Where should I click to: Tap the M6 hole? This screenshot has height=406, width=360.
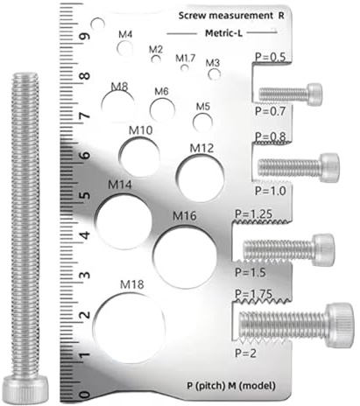tap(162, 109)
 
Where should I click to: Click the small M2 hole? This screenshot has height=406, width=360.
tap(156, 60)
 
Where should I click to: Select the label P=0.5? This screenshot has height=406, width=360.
tap(269, 58)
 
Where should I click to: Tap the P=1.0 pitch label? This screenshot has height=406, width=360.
tap(267, 190)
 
